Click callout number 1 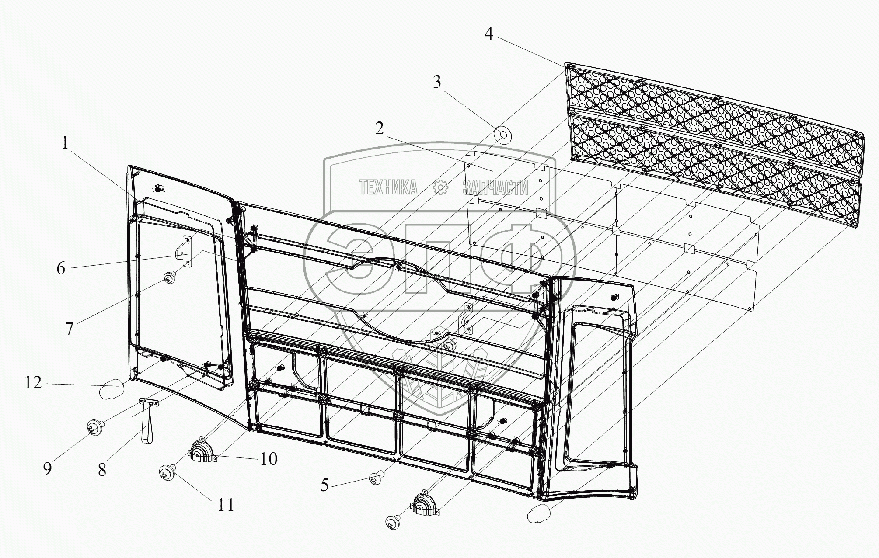65,143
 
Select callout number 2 379,128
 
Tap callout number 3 437,82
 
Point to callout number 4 488,34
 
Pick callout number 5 324,485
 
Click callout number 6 61,268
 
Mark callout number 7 70,329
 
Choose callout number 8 102,470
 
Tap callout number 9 47,468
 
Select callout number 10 269,459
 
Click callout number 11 226,505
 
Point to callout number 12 33,383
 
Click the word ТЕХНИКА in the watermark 388,188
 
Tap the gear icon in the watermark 440,188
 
